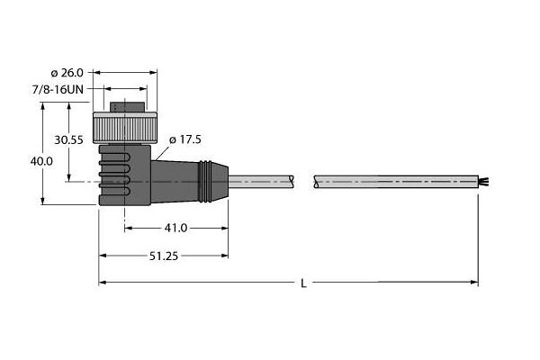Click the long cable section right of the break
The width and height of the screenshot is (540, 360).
pos(396,183)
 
